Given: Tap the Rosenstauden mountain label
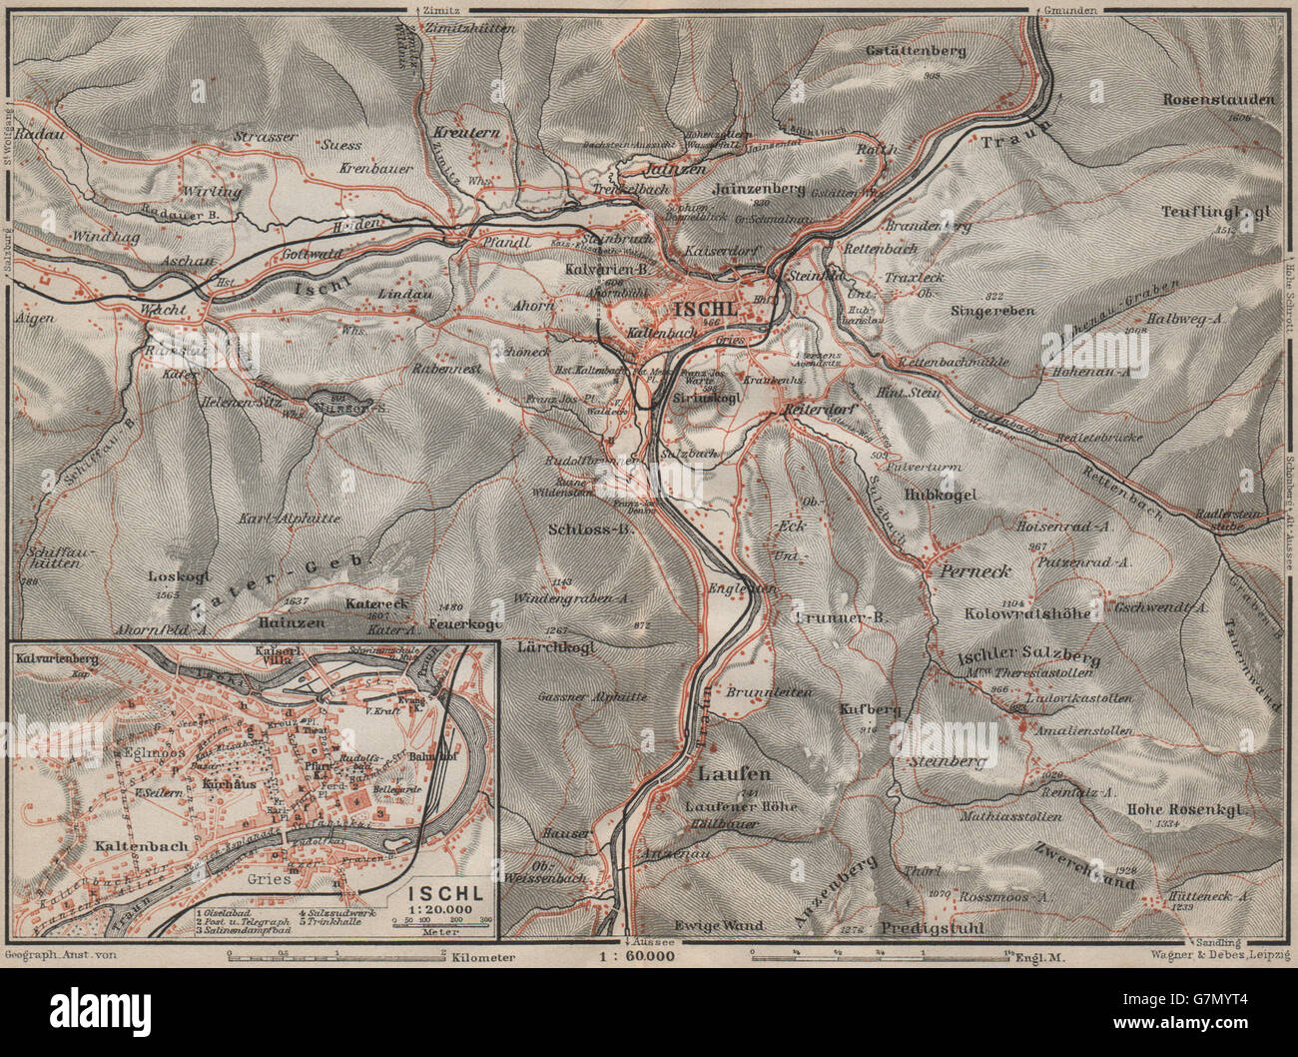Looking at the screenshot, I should [1218, 100].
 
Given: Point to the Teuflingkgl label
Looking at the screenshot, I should [1216, 211].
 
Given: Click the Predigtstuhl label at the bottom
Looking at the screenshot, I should [934, 928].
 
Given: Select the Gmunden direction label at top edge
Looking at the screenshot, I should [1073, 10].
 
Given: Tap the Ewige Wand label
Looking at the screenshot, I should [718, 925].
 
